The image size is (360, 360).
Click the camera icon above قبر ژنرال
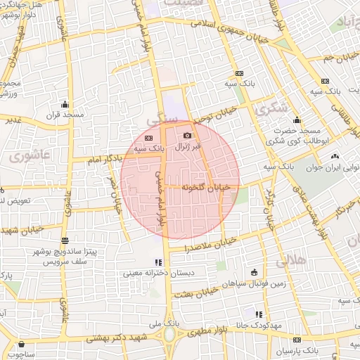(187, 136)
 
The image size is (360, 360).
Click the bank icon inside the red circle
(149, 138)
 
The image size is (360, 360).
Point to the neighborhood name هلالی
(290, 262)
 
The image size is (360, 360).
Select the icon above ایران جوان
(333, 157)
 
